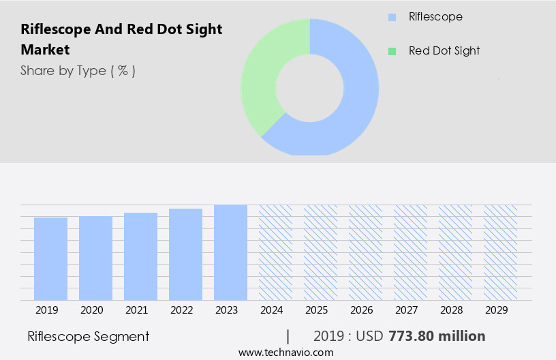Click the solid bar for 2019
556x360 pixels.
pos(50,259)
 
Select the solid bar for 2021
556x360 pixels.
pos(140,256)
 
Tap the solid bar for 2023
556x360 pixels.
pos(230,252)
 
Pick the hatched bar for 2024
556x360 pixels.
pos(275,252)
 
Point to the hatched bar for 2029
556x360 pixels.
pos(500,252)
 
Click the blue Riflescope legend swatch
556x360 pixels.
pos(391,17)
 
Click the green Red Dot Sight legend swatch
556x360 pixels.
pos(391,51)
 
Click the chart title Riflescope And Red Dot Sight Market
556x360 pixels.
pos(121,40)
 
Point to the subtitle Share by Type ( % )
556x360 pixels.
pos(78,70)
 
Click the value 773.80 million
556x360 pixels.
pos(437,336)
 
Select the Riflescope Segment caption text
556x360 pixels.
pos(88,336)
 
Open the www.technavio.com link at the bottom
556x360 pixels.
pos(285,352)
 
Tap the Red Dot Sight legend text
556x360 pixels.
pos(444,51)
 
